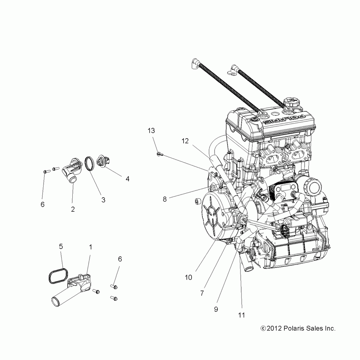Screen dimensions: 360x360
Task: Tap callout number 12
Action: click(x=185, y=141)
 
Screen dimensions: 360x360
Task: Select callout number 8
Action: click(x=165, y=199)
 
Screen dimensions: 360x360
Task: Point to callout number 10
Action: click(x=189, y=277)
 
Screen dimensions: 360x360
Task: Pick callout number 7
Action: click(x=202, y=293)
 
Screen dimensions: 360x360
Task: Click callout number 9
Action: click(x=216, y=309)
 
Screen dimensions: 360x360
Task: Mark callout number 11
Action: click(x=241, y=315)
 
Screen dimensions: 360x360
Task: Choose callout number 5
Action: click(x=61, y=247)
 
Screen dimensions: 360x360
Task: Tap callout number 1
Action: click(x=90, y=247)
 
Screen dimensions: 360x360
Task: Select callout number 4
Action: click(x=127, y=178)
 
